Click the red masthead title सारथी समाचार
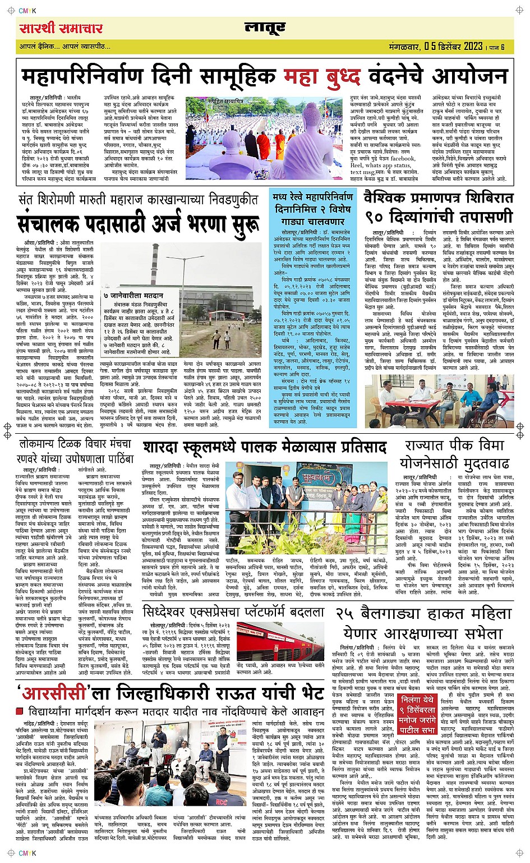coord(61,28)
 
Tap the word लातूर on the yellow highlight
coord(265,27)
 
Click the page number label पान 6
coord(499,47)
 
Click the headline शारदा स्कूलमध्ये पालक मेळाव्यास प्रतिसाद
coord(264,447)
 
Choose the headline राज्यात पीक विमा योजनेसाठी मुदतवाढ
coord(454,454)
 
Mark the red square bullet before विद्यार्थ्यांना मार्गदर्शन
coord(20,711)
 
